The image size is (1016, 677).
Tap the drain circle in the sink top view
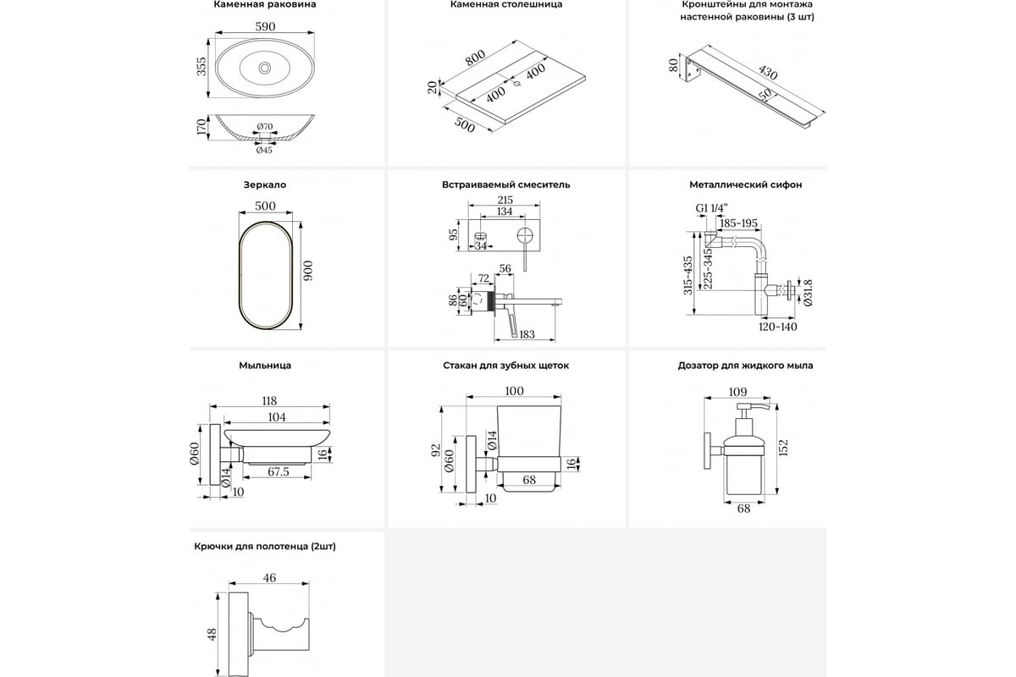click(265, 67)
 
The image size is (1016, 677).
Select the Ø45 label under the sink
click(264, 151)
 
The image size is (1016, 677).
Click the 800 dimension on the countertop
click(474, 60)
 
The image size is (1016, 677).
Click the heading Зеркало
click(264, 184)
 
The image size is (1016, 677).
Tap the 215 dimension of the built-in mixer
click(505, 201)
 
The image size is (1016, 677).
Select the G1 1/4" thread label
click(713, 207)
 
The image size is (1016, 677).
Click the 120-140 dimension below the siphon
click(777, 326)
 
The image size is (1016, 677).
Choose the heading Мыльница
click(265, 366)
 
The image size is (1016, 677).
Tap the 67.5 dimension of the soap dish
click(278, 471)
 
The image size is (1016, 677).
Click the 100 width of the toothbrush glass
click(514, 391)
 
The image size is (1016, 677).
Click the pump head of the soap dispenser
click(748, 410)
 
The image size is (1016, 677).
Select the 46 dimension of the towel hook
click(270, 578)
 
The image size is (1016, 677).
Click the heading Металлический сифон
click(746, 184)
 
